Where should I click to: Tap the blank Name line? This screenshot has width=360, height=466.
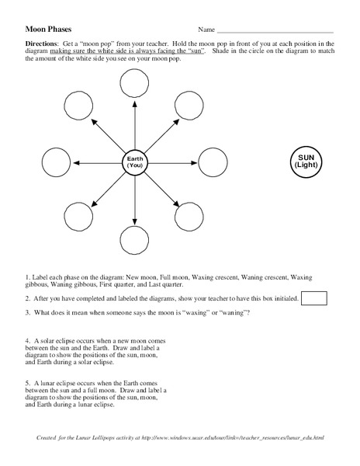point(276,30)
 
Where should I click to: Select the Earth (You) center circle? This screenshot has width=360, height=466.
point(136,162)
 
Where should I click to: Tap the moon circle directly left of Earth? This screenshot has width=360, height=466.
point(55,162)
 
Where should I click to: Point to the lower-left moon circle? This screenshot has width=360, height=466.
point(78,218)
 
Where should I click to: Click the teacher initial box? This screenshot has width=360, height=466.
point(313,297)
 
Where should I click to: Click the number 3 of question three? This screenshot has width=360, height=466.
point(27,312)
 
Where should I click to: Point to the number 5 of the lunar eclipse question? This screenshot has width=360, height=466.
point(27,384)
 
